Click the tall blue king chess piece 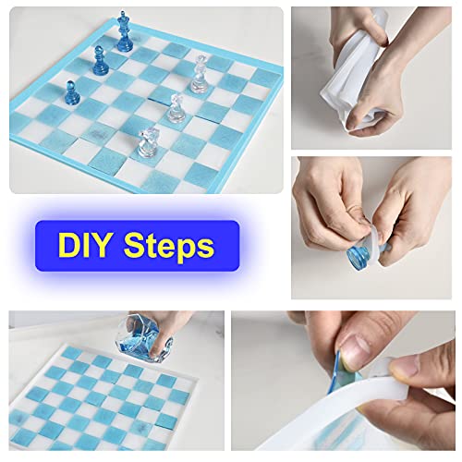tap(123, 35)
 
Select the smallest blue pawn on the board tap(70, 92)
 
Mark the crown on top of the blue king tap(123, 17)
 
